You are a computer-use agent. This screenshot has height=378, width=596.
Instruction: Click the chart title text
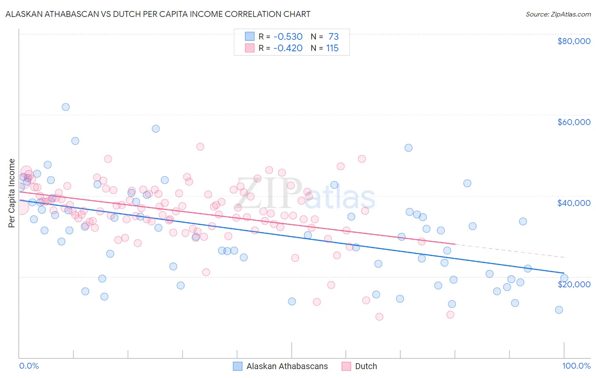158,14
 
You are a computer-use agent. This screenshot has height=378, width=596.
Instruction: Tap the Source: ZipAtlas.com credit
558,14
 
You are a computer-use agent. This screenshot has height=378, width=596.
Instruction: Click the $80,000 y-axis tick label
574,41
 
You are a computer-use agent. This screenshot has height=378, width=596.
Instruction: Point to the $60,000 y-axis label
574,122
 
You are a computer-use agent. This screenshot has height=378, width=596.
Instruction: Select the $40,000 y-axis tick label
574,203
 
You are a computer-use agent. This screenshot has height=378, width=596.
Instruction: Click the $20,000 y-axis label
574,284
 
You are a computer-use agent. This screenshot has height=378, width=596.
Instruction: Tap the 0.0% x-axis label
29,366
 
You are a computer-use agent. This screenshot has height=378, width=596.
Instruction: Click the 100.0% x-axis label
576,366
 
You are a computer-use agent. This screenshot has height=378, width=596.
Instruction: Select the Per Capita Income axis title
12,193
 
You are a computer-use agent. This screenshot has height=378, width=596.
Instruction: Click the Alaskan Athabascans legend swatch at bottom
238,366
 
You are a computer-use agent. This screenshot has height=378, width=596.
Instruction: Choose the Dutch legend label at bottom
366,366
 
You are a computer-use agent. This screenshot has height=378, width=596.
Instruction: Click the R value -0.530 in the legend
288,37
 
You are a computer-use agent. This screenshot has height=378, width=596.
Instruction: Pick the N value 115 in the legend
332,48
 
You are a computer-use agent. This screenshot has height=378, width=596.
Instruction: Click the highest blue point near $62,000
66,107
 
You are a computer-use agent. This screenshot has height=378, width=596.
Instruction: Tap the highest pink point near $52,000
200,147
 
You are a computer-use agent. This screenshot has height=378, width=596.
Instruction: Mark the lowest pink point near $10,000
379,317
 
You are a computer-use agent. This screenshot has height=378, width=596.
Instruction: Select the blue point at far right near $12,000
559,310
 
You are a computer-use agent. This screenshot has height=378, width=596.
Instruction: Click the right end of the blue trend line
563,273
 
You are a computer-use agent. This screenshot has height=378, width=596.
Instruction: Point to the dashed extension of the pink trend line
509,250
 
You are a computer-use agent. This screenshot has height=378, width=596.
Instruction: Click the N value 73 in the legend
334,37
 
